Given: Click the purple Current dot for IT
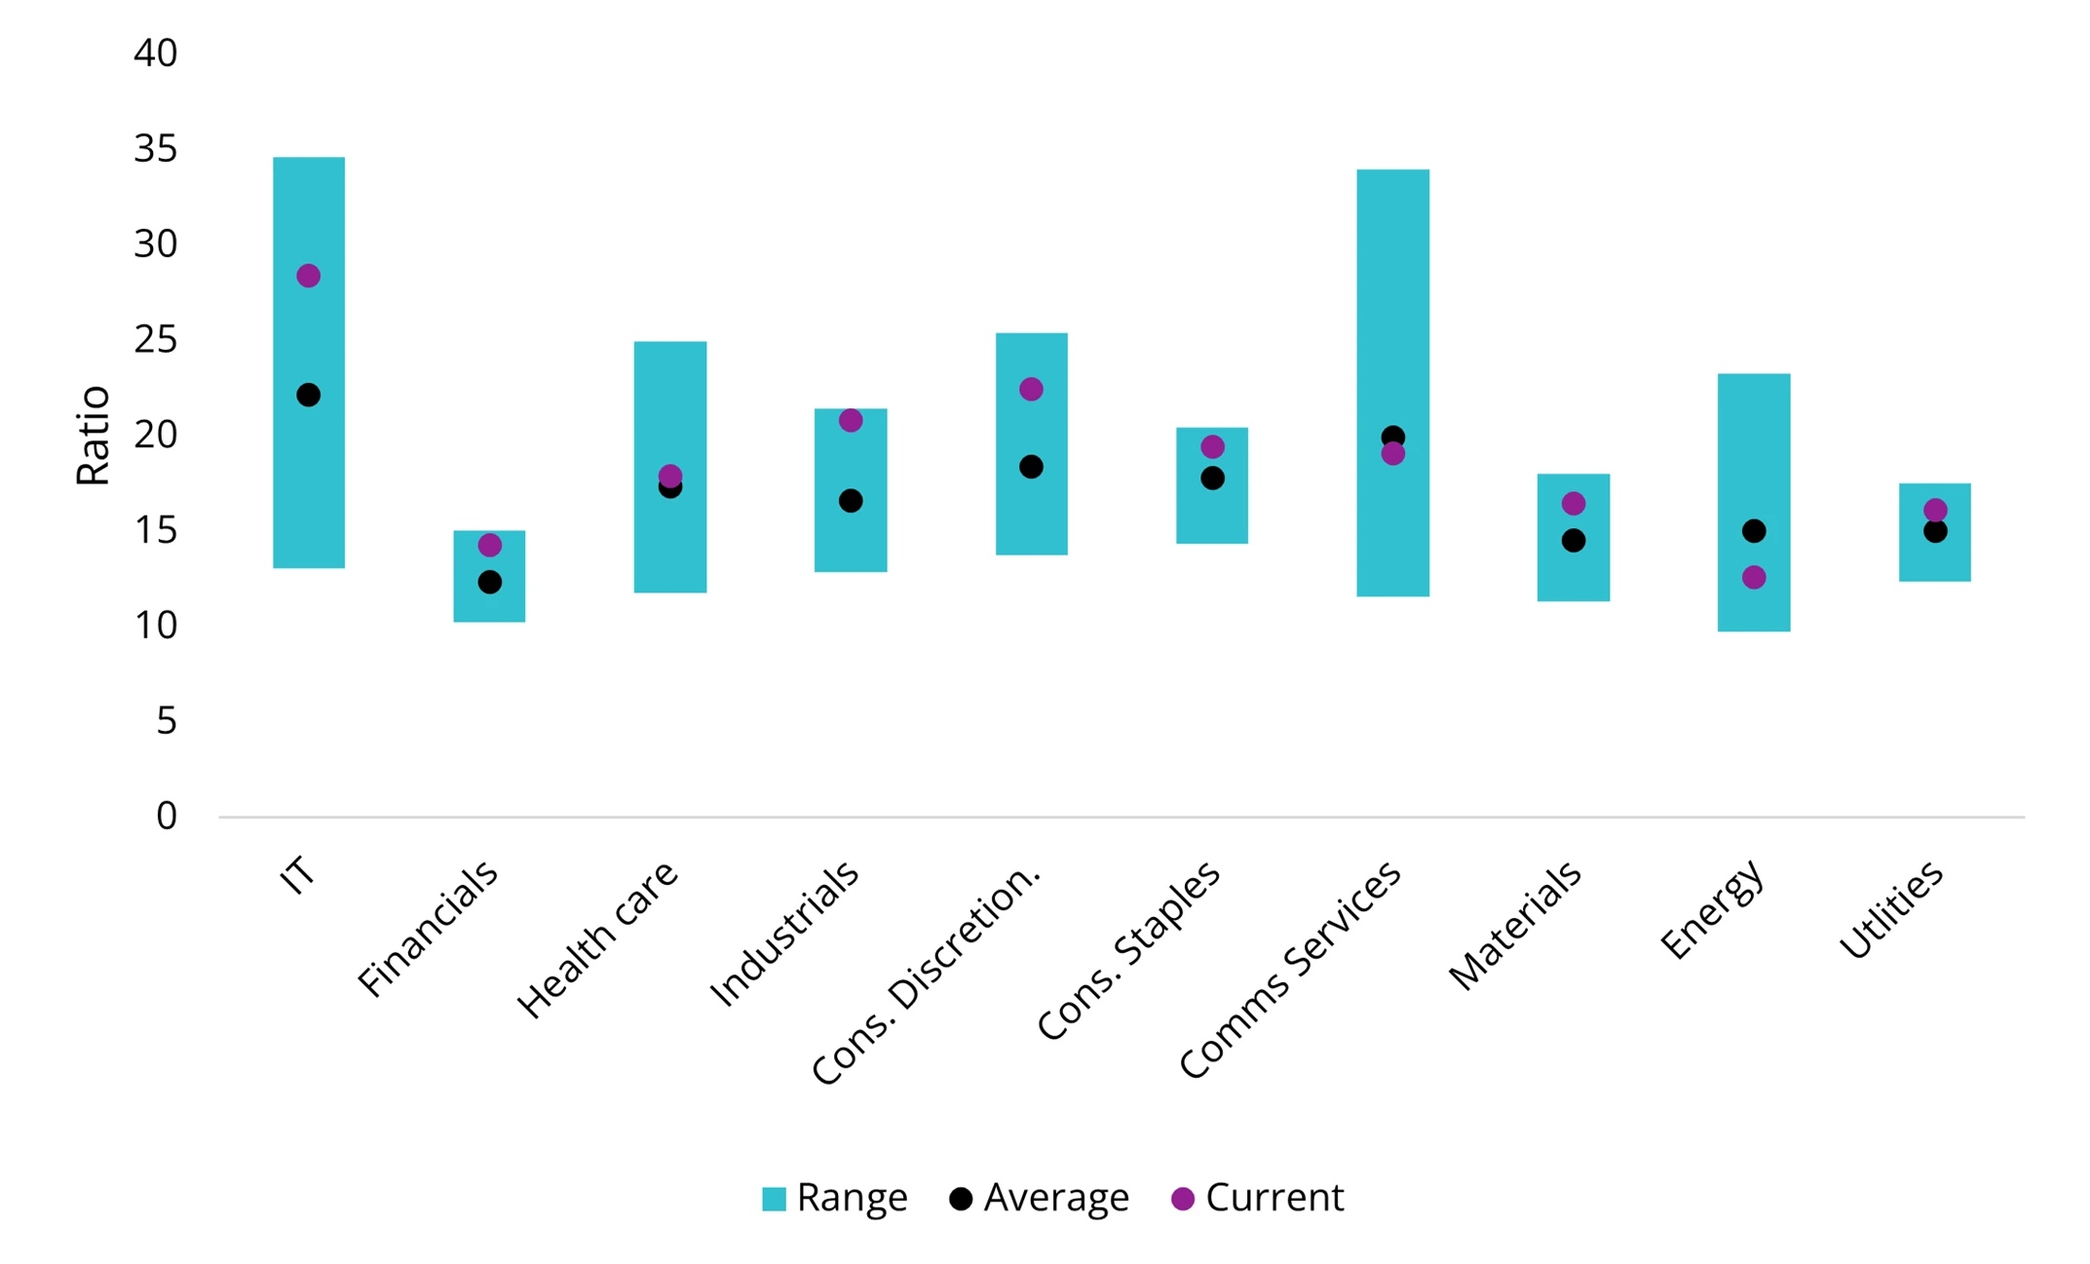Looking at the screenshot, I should click(308, 276).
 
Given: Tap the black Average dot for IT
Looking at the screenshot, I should click(308, 395).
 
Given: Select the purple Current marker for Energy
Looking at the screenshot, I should click(1753, 578).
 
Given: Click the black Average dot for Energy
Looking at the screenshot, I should click(1753, 531).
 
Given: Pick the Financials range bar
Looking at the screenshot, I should click(489, 604).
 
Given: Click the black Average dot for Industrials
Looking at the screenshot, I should click(850, 501).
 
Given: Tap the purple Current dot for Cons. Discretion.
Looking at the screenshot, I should click(1031, 389).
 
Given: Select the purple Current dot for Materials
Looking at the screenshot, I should click(1573, 504).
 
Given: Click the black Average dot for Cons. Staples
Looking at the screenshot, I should click(1211, 479).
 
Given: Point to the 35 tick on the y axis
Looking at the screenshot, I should click(156, 149).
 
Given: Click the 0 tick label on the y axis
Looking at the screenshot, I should click(167, 817).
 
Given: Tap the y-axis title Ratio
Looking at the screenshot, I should click(94, 435).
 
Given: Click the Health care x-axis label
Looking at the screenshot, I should click(596, 938).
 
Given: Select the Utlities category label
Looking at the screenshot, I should click(1890, 910).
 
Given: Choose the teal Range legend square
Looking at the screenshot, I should click(774, 1199).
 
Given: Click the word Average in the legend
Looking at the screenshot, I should click(1056, 1198).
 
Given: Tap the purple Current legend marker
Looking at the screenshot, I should click(1182, 1199).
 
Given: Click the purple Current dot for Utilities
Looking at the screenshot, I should click(1934, 511).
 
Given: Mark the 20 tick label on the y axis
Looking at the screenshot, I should click(156, 435).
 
